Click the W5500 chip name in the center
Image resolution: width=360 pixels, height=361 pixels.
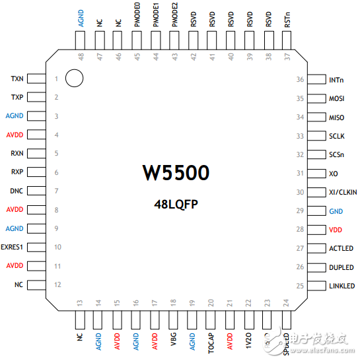point(176,174)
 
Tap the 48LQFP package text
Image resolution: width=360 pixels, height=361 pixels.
point(176,204)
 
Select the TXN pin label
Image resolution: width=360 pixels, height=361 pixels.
point(17,79)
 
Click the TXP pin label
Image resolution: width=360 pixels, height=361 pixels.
point(17,98)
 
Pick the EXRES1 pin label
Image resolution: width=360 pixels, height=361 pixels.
point(13,247)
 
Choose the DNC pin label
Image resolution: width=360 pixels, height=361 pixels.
point(17,191)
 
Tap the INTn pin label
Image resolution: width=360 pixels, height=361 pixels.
point(336,80)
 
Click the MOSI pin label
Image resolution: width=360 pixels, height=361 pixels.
point(336,98)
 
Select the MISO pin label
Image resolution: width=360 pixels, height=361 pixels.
point(336,117)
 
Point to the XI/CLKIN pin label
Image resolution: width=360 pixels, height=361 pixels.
point(342,192)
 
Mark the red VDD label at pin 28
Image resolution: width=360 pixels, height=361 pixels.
point(336,230)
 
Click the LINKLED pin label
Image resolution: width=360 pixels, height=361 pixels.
point(342,286)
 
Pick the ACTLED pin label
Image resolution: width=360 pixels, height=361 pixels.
point(341,248)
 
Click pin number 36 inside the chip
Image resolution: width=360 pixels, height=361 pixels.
point(300,80)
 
